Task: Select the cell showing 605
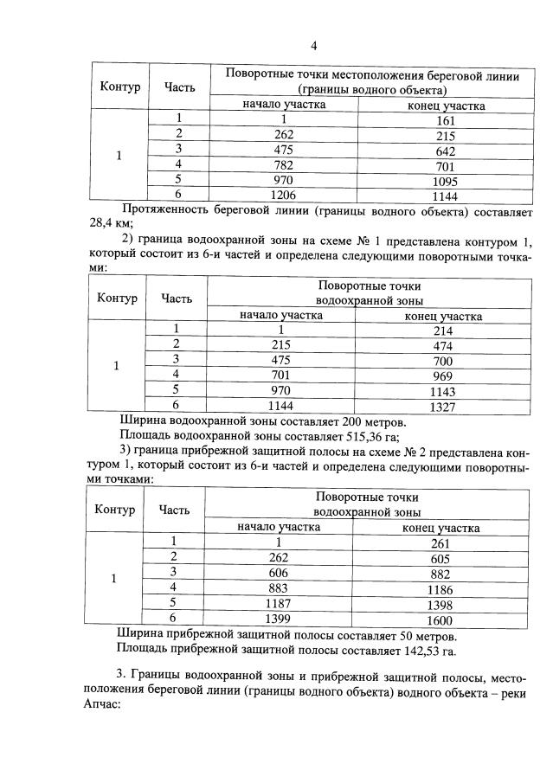[440, 558]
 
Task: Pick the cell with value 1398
[440, 603]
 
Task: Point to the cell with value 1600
[440, 618]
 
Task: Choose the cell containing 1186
[440, 588]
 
